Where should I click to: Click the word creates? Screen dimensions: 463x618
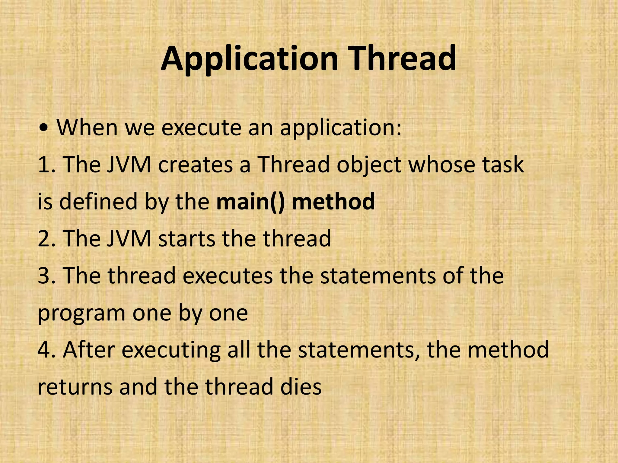[195, 165]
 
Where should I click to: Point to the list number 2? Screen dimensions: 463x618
[45, 238]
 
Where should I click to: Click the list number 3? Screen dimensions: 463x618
[45, 276]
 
